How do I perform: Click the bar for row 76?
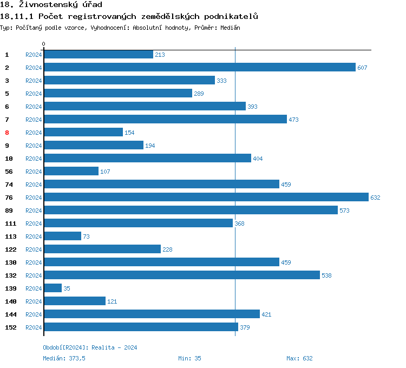coord(206,198)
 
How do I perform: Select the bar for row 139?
coord(53,288)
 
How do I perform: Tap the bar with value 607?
coord(199,68)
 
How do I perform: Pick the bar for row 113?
coord(62,236)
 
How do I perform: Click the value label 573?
coord(345,211)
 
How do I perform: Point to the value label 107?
coord(105,172)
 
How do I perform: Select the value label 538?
coord(326,275)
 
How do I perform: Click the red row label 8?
coord(7,133)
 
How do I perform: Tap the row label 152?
coord(10,327)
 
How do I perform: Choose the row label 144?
coord(10,314)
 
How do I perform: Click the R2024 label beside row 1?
coord(34,55)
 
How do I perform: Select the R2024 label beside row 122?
coord(34,249)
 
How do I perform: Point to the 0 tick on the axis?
coord(44,44)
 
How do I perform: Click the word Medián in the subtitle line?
coord(230,28)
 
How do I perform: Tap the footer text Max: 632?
coord(299,358)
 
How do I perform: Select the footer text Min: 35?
coord(189,358)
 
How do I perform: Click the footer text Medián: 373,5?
coord(64,358)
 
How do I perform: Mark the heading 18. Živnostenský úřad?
coord(51,5)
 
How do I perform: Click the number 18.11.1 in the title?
coord(17,16)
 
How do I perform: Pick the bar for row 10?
coord(147,159)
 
